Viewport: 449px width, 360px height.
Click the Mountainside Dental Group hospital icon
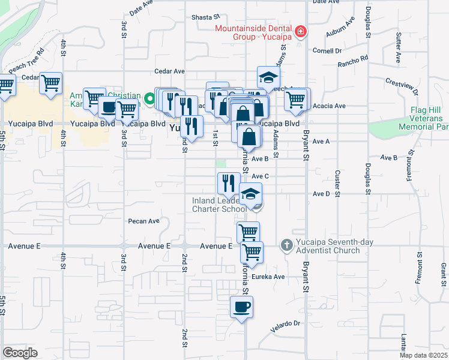click(300, 31)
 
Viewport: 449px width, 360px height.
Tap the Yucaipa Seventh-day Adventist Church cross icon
click(286, 245)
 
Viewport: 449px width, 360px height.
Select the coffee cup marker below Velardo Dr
click(241, 308)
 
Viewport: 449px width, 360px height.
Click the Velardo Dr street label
click(285, 323)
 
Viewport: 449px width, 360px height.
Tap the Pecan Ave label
click(144, 221)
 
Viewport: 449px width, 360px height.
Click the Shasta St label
click(202, 17)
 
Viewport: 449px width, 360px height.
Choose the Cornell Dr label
click(327, 50)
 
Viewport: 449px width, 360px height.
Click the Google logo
click(20, 353)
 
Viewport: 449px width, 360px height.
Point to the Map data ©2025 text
click(423, 355)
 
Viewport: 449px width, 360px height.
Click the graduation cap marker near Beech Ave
click(269, 77)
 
